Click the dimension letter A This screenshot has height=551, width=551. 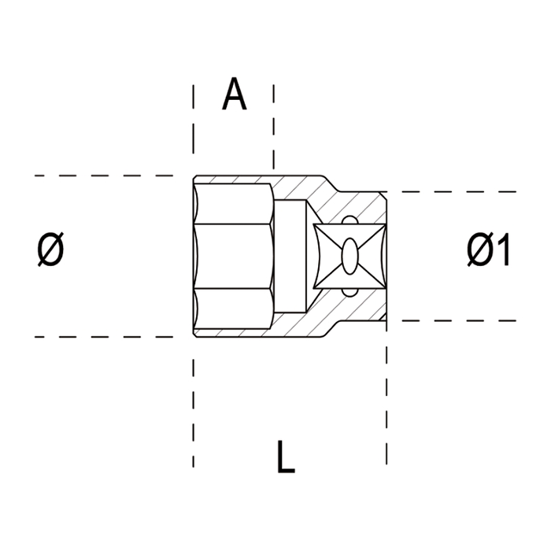(x=234, y=94)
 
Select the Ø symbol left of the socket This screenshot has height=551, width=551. (x=51, y=251)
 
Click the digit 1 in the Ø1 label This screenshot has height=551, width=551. (x=504, y=252)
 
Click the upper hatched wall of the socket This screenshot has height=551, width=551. (x=299, y=187)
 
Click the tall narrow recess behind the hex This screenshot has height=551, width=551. (x=292, y=256)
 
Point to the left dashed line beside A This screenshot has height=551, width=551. (x=193, y=126)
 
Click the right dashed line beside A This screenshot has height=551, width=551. (x=274, y=126)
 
